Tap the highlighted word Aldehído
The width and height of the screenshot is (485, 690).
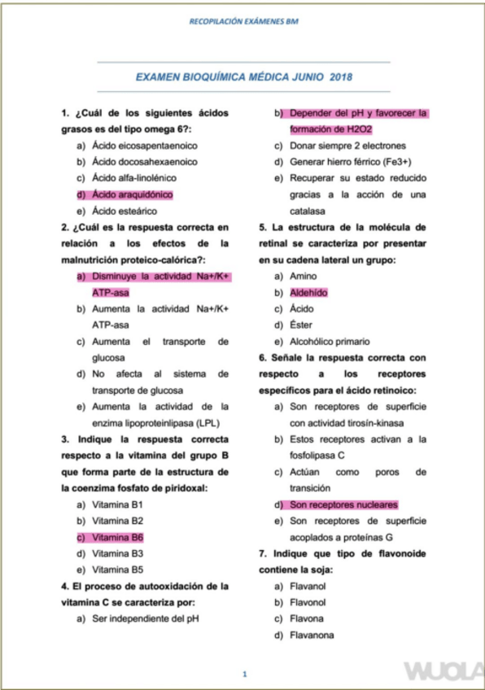[308, 292]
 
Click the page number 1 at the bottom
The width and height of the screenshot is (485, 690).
[243, 674]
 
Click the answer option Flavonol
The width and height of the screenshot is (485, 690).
[308, 602]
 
